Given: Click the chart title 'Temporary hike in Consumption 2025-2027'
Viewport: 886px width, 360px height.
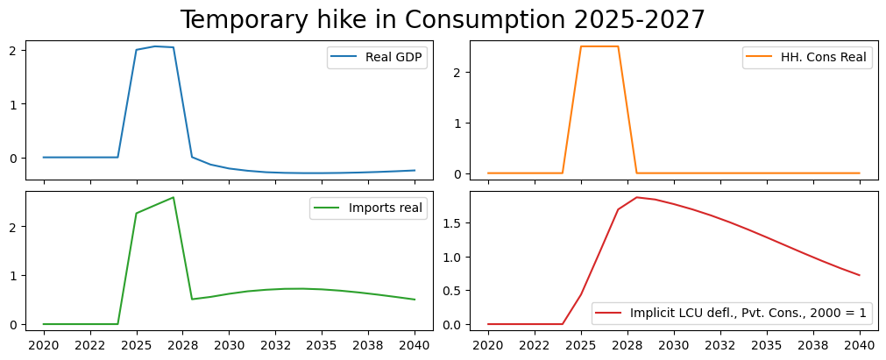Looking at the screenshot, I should click(443, 19).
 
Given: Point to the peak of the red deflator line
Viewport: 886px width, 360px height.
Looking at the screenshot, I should click(637, 197).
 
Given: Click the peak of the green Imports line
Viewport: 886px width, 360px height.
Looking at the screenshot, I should click(174, 197).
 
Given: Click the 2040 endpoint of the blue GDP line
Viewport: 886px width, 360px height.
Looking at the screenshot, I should click(415, 171).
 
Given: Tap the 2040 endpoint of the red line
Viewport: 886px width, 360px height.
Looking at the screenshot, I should click(859, 275).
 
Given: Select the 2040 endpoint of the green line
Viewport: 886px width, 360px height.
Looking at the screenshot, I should click(415, 300).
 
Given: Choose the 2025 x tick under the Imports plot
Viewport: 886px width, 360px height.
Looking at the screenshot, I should click(136, 345).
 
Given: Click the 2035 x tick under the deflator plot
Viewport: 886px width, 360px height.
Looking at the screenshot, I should click(766, 345).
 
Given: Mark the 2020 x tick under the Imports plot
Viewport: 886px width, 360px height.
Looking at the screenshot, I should click(44, 345).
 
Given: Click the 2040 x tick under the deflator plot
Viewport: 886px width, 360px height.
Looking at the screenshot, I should click(859, 345).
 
